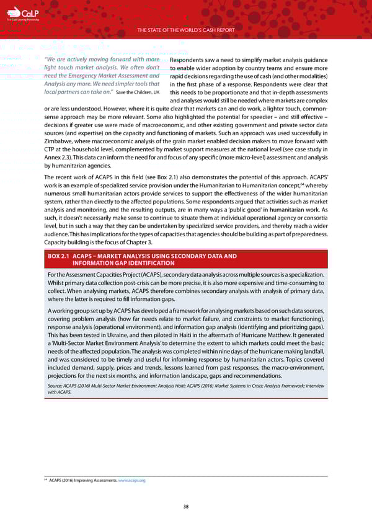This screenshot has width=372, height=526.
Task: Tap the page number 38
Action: [185, 507]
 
